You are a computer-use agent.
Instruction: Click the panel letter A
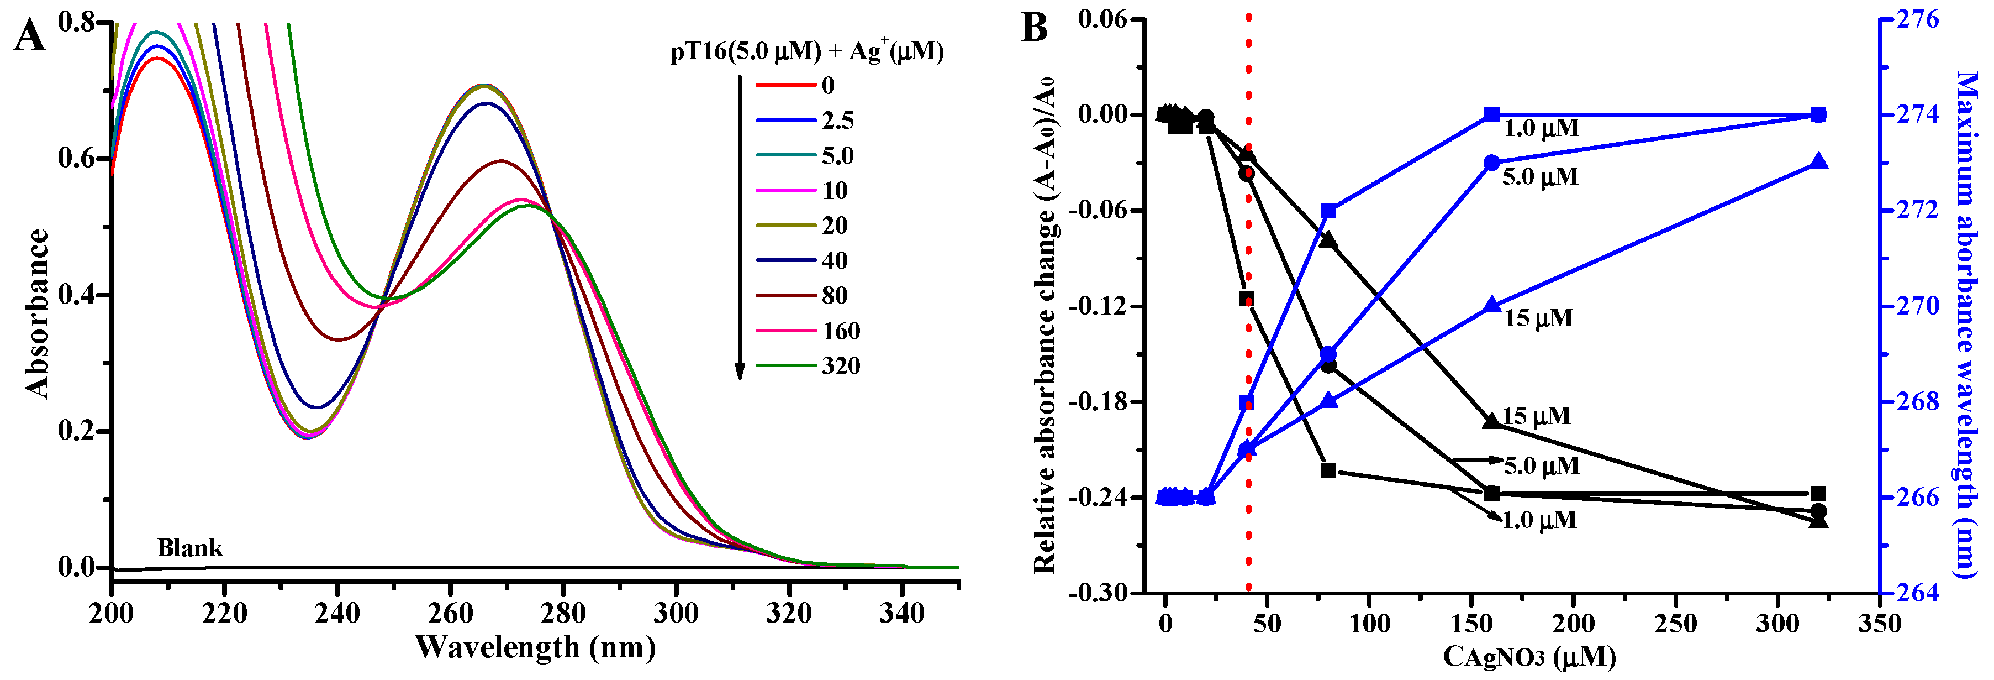tap(29, 35)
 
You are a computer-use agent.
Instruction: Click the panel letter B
tap(1034, 28)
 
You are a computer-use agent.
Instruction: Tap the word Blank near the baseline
tap(189, 548)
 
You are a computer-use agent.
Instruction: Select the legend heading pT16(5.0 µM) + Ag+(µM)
tap(806, 51)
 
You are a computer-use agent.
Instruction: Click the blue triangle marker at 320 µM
tap(1818, 162)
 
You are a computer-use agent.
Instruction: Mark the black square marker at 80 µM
tap(1328, 470)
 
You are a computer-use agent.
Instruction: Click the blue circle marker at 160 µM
tap(1491, 163)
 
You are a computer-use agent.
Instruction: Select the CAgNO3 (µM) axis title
tap(1529, 657)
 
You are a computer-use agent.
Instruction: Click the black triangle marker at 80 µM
tap(1328, 240)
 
